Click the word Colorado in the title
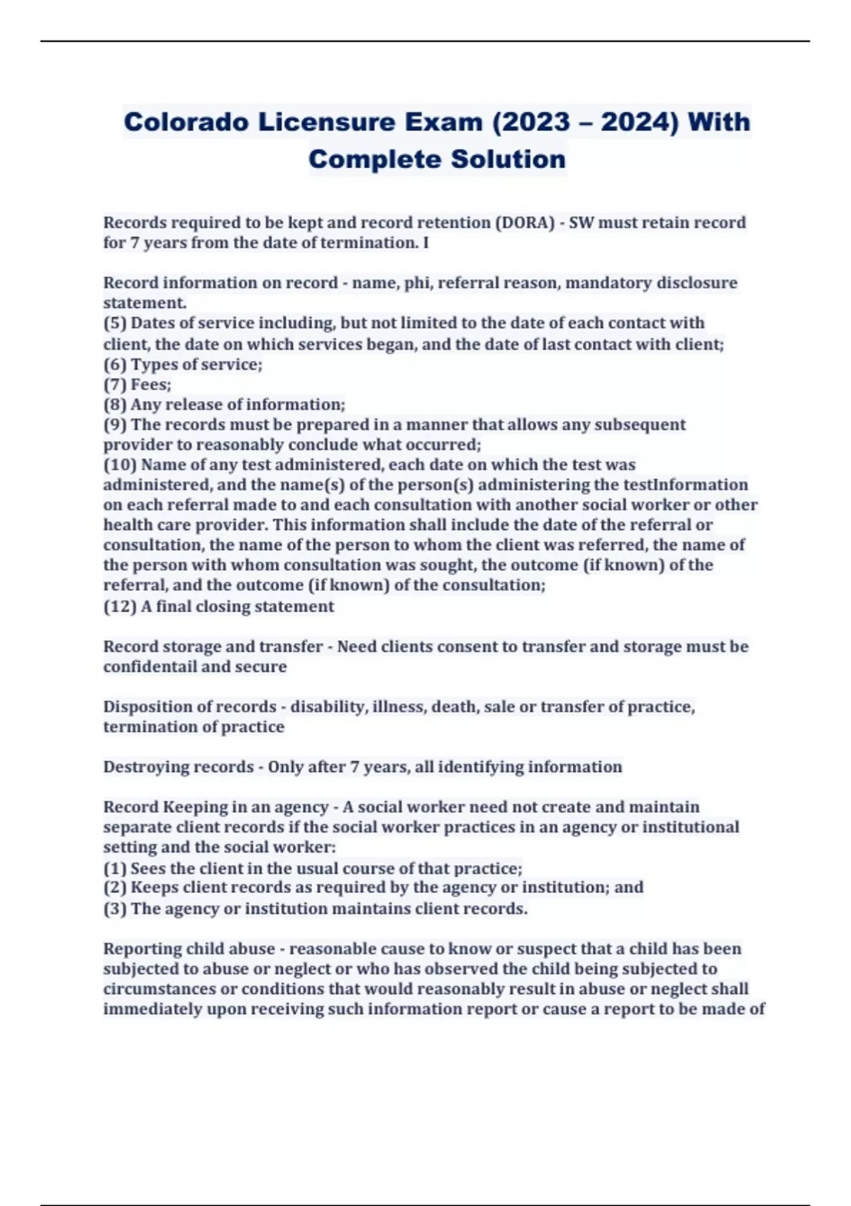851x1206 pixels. click(186, 122)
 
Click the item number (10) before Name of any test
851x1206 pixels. click(120, 465)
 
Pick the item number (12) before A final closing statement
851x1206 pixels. click(120, 607)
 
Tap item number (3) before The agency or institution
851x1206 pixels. click(115, 909)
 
